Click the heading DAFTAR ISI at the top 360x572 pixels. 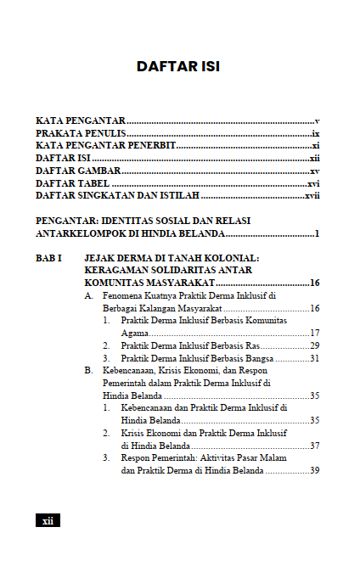click(178, 66)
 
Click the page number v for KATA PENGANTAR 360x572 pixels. click(316, 121)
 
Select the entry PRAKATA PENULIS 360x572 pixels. click(81, 134)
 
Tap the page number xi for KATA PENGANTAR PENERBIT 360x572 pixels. click(315, 146)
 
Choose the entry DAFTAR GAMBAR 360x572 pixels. click(77, 171)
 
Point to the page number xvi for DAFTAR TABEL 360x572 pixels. click(312, 183)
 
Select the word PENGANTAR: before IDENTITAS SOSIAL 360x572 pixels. click(66, 221)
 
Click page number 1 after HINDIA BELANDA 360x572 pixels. click(316, 233)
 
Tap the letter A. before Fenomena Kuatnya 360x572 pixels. click(88, 296)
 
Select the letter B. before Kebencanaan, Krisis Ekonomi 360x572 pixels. click(88, 371)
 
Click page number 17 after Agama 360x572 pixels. click(313, 334)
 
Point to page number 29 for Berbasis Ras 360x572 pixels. click(313, 346)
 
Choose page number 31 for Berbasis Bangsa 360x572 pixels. click(313, 358)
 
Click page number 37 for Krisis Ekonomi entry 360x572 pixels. click(313, 446)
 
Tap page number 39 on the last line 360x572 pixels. click(313, 470)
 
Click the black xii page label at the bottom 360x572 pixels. click(48, 520)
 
